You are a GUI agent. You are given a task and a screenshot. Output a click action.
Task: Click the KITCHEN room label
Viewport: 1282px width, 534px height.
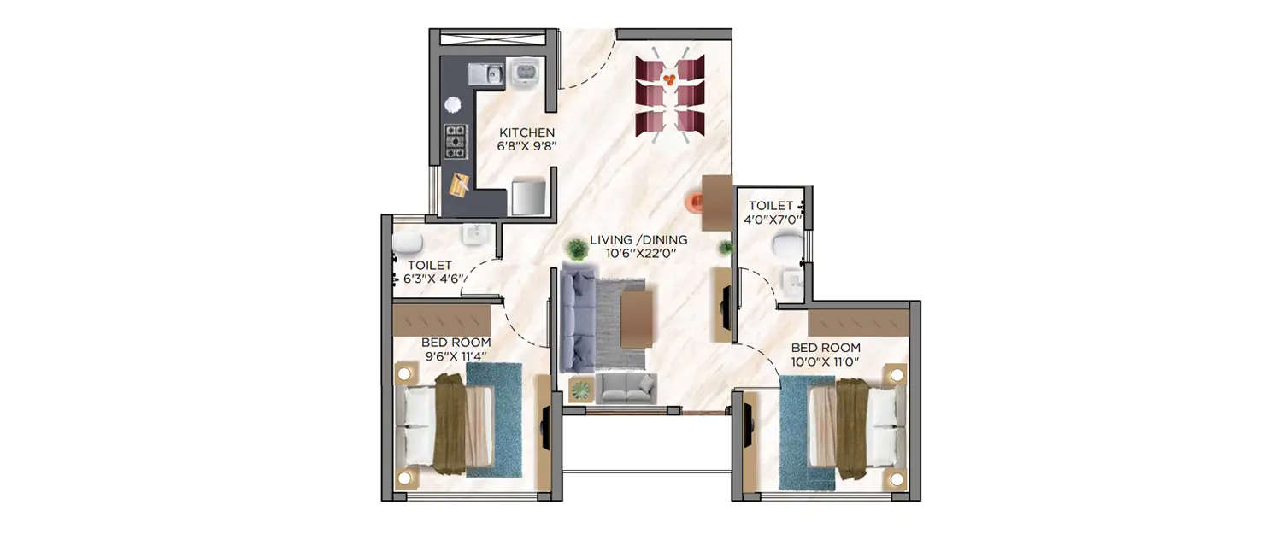527,132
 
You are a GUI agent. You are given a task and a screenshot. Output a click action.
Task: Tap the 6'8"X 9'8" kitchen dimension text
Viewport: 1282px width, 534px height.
527,146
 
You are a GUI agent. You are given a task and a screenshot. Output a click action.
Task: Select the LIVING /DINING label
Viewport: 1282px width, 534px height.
638,239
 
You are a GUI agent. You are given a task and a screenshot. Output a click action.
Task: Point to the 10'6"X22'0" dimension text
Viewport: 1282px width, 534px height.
638,253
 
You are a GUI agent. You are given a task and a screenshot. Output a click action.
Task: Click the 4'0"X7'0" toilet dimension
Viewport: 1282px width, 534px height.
773,220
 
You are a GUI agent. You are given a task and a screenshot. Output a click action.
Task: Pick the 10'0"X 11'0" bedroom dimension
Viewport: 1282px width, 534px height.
826,361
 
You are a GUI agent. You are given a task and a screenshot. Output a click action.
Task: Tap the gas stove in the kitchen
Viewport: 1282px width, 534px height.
456,142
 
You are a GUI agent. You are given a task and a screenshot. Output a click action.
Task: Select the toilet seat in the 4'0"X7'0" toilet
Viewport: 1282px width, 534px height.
786,247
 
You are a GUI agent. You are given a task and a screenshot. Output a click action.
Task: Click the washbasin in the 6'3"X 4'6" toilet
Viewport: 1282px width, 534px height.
473,233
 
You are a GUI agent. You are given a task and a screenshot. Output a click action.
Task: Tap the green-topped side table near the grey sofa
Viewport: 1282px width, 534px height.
580,390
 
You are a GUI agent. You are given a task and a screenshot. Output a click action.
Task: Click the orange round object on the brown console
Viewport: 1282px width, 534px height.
694,202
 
